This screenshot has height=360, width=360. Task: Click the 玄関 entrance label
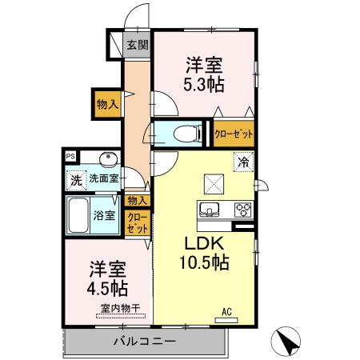click(x=137, y=45)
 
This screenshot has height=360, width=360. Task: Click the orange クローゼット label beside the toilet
click(x=232, y=134)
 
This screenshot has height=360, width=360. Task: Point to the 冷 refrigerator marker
click(x=241, y=162)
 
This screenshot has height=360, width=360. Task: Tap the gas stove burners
click(x=242, y=210)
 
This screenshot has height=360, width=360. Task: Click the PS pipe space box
click(x=70, y=157)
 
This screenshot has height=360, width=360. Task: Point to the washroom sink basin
click(x=108, y=158)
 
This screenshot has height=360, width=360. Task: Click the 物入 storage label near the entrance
click(x=107, y=103)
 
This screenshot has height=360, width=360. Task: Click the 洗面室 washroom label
click(x=103, y=178)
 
